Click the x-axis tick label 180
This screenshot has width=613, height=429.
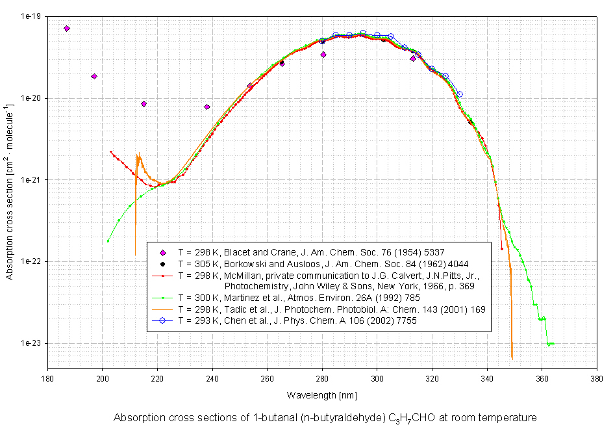(47, 378)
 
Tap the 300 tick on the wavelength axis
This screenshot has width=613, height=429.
(377, 378)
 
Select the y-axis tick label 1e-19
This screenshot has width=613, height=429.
(28, 16)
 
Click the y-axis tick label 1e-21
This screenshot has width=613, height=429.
(28, 180)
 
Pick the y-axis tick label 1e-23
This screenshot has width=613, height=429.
(28, 344)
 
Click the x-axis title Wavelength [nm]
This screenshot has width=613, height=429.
(321, 395)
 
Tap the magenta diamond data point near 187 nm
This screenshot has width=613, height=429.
(67, 29)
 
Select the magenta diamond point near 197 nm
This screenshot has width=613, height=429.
(94, 76)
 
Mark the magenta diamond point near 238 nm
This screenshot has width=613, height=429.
(206, 107)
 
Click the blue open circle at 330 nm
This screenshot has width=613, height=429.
(459, 94)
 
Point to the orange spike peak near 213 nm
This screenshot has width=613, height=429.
(138, 155)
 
